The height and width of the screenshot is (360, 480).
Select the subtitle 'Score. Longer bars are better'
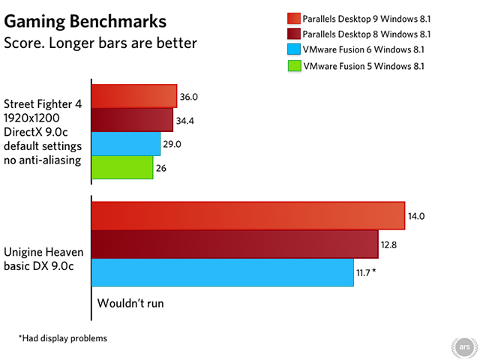[x=100, y=42]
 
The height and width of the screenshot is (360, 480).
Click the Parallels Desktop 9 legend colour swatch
[x=292, y=18]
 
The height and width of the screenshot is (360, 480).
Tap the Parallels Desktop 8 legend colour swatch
[x=292, y=34]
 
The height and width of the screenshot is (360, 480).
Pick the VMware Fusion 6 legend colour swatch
[x=292, y=50]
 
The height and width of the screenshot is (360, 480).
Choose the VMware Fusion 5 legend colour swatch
[x=292, y=66]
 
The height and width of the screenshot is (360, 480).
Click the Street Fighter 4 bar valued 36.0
[x=134, y=97]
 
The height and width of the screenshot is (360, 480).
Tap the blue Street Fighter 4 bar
[x=126, y=143]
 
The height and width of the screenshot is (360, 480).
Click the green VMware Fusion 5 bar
[x=122, y=167]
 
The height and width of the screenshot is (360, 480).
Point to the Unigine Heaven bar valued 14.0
[x=247, y=216]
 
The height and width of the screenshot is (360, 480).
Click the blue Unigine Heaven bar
[x=222, y=271]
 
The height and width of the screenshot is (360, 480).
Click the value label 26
[x=161, y=168]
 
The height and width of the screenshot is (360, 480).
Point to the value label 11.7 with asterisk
[x=366, y=272]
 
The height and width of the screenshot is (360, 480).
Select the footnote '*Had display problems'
[x=63, y=338]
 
